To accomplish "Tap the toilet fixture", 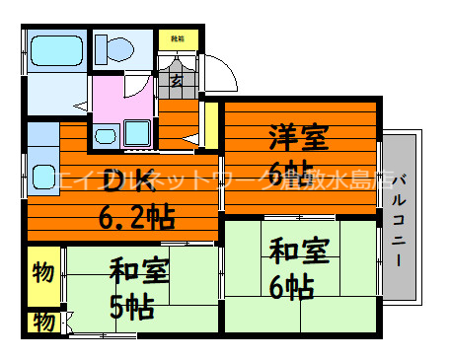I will pyautogui.click(x=116, y=48).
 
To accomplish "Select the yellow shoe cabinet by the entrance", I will pyautogui.click(x=176, y=39).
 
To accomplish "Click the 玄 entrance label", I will pyautogui.click(x=176, y=81).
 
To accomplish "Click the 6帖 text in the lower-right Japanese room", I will pyautogui.click(x=292, y=287).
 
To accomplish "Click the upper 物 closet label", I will pyautogui.click(x=42, y=271).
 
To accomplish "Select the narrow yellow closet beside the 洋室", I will pyautogui.click(x=210, y=124).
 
